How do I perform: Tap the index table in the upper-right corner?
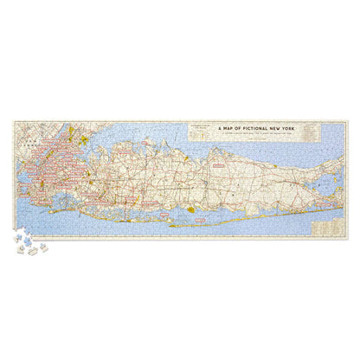pyautogui.click(x=334, y=129)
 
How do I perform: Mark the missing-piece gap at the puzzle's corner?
pyautogui.click(x=23, y=232)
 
